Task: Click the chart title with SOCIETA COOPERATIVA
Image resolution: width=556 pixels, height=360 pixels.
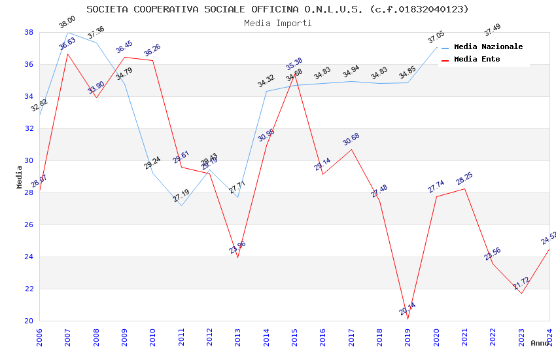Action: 277,9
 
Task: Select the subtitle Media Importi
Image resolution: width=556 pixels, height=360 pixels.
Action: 277,23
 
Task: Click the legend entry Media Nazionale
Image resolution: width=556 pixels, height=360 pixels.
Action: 488,46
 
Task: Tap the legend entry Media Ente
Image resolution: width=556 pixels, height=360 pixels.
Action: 477,59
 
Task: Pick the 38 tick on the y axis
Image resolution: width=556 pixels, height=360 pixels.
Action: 29,32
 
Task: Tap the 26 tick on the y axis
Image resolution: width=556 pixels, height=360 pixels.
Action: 29,225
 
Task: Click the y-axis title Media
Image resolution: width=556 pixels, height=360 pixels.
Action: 20,177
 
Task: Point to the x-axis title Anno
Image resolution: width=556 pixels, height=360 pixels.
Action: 540,343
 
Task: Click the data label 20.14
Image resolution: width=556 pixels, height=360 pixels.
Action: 408,309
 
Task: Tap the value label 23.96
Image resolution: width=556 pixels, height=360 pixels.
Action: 237,247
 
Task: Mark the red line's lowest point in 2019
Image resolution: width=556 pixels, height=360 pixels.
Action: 408,319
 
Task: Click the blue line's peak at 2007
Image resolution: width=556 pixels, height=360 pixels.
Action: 68,32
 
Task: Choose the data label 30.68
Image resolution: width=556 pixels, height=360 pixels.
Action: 351,139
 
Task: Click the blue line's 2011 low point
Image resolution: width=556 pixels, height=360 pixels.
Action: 181,206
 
